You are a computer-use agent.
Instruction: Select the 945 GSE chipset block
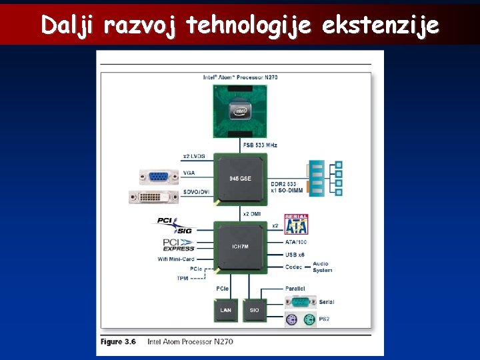coord(240,179)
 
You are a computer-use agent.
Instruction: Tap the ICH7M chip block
coord(240,247)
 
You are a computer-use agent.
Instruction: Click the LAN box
coord(225,310)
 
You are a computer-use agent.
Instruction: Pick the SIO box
coord(255,310)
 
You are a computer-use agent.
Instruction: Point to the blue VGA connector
coord(159,177)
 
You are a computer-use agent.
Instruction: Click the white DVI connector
coord(153,197)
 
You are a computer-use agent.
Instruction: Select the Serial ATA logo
coord(296,224)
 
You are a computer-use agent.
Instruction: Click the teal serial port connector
coord(299,302)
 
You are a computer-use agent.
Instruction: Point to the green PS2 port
coord(309,319)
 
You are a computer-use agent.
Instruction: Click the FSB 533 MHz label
coord(259,145)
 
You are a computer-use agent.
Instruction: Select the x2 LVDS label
coord(194,157)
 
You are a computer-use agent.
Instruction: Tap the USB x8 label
coord(295,255)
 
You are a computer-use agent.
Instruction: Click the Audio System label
coord(323,267)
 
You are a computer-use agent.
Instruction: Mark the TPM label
coord(182,278)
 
